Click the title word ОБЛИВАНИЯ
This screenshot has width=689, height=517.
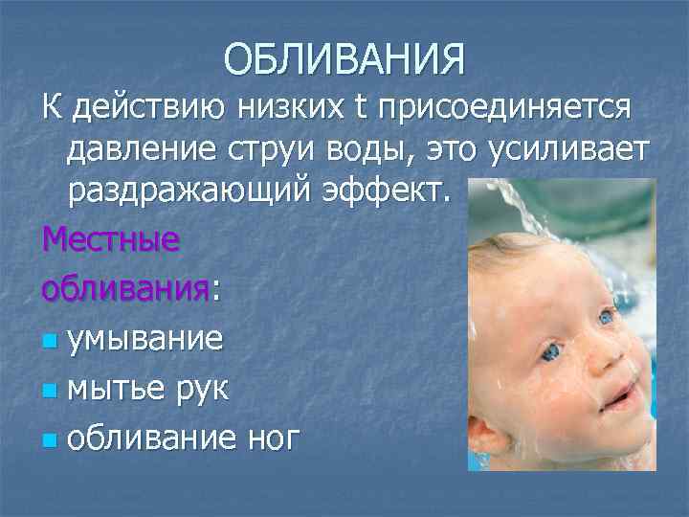[x=344, y=59]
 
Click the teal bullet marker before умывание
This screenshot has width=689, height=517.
[x=51, y=339]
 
